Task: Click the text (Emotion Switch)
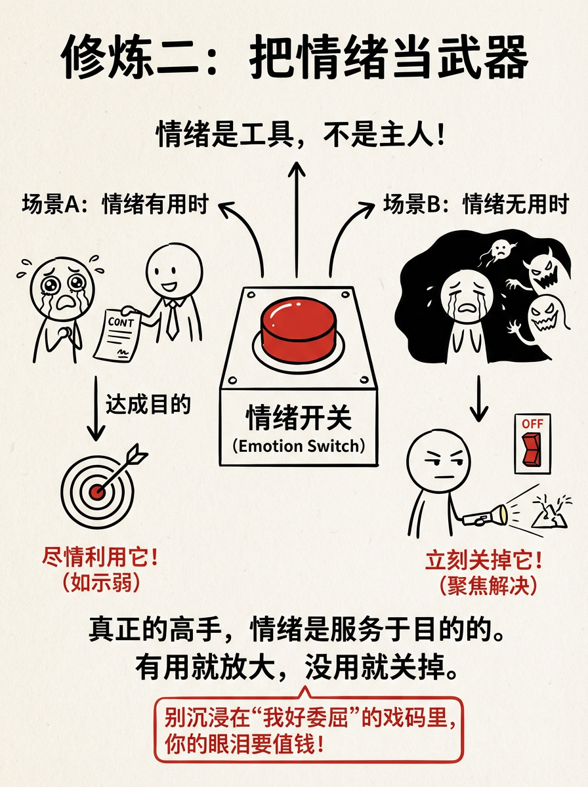tap(299, 447)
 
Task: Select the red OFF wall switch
tap(532, 443)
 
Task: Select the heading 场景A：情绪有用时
tap(115, 205)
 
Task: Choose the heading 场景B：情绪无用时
tap(475, 205)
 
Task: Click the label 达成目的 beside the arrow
tap(148, 405)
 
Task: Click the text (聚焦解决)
tap(485, 585)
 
